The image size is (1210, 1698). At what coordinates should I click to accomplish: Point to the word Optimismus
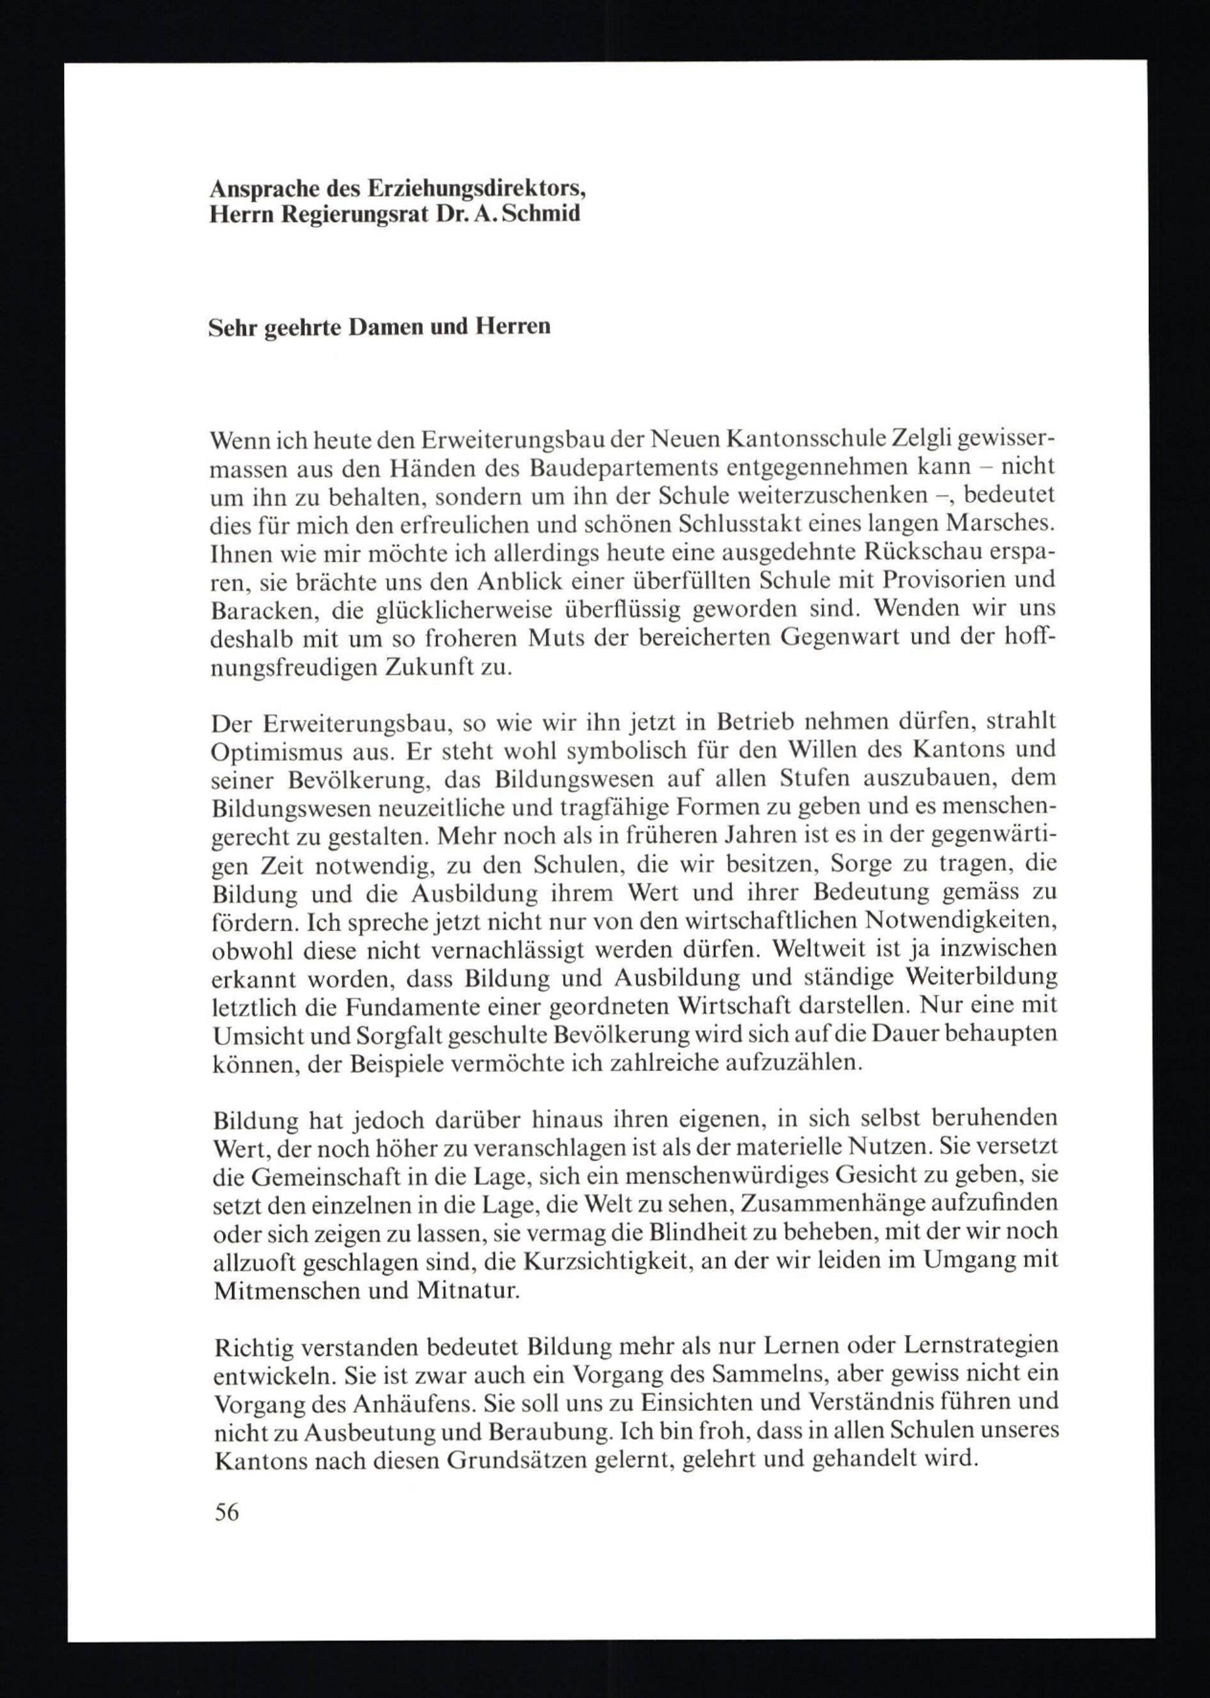click(x=273, y=753)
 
